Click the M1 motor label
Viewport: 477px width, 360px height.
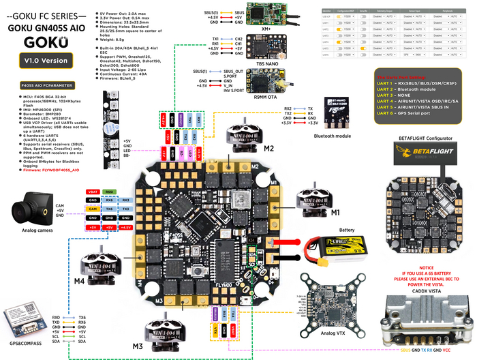point(334,213)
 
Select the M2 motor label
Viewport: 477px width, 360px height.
point(268,149)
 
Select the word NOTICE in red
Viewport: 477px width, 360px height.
point(427,269)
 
